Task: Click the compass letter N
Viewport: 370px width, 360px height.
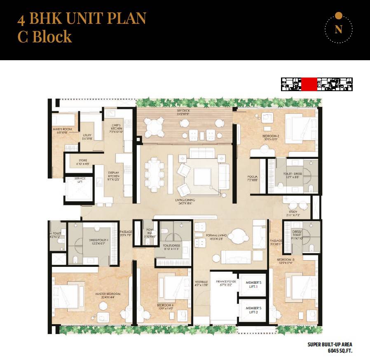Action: (x=338, y=30)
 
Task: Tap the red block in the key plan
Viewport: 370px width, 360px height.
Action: (x=309, y=84)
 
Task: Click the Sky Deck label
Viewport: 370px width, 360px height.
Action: (x=185, y=113)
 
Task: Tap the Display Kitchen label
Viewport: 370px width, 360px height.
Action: (x=113, y=176)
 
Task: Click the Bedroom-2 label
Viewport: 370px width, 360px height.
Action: (x=271, y=137)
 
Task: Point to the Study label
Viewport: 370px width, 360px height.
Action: (x=292, y=213)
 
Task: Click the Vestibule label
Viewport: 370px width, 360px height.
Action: (x=201, y=284)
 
